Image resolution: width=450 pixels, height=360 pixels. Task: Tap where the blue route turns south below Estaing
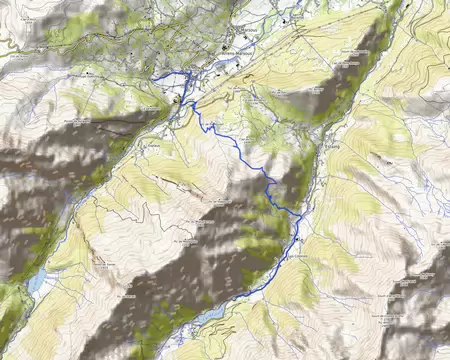coord(297,215)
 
